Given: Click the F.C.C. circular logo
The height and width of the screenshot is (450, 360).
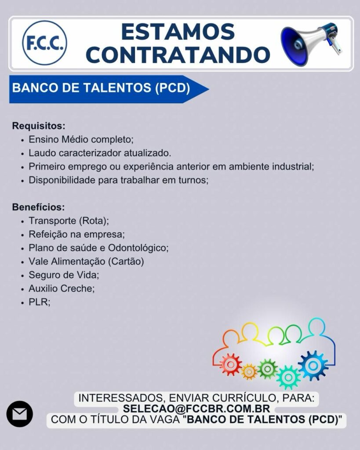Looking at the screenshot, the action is tap(44, 43).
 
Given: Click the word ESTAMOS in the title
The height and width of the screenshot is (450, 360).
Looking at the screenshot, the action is tap(178, 32).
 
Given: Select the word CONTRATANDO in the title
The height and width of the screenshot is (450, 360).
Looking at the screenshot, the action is tap(178, 54).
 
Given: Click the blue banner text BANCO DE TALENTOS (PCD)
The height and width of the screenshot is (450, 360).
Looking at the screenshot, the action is tap(101, 88).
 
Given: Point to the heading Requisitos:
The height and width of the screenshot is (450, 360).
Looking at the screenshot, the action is tap(39, 126).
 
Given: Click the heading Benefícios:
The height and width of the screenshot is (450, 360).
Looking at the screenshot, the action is tap(39, 207).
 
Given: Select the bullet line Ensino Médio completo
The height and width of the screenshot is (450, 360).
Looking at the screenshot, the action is tap(81, 139).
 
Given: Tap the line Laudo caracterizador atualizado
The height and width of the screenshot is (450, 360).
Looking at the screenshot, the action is tap(100, 153).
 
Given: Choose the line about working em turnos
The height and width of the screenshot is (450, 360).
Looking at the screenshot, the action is tap(119, 180).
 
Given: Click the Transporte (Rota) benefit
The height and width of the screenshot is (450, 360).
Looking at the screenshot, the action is tap(69, 221).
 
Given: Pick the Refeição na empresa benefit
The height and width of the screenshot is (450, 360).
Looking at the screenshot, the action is tap(76, 235).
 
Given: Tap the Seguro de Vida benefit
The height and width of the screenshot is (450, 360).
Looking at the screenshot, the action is tap(64, 275).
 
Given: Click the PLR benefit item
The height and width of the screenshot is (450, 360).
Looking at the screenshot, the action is tap(40, 302).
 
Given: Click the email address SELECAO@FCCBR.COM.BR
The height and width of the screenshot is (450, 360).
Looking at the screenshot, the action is tap(196, 409).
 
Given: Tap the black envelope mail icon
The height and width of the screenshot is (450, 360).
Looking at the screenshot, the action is tap(20, 414).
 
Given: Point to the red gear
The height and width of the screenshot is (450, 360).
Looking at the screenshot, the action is tap(230, 364).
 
